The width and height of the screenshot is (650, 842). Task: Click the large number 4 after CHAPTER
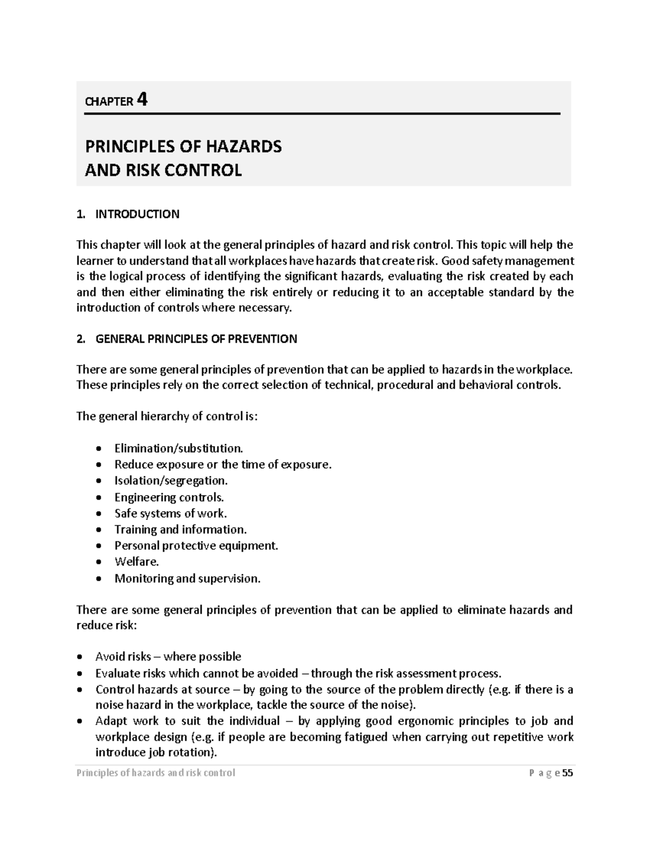142,100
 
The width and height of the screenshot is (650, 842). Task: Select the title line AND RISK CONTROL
163,170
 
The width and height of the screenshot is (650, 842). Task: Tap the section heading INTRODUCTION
137,214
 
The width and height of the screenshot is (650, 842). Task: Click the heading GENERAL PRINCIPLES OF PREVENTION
196,339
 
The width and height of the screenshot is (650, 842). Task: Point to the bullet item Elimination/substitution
179,448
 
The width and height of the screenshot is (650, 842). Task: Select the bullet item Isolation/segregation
171,481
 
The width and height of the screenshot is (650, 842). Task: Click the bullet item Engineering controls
168,497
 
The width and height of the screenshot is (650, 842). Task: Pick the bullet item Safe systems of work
170,513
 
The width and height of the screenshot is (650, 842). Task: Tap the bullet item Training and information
180,530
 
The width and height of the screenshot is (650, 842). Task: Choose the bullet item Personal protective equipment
196,546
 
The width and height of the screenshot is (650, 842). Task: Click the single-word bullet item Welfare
136,562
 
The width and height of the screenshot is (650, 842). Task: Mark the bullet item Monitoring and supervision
187,579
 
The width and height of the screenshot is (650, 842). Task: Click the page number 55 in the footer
567,773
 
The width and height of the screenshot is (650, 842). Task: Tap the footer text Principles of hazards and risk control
155,773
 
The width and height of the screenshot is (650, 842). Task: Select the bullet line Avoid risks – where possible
168,657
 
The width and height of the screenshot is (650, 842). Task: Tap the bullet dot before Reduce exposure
98,465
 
